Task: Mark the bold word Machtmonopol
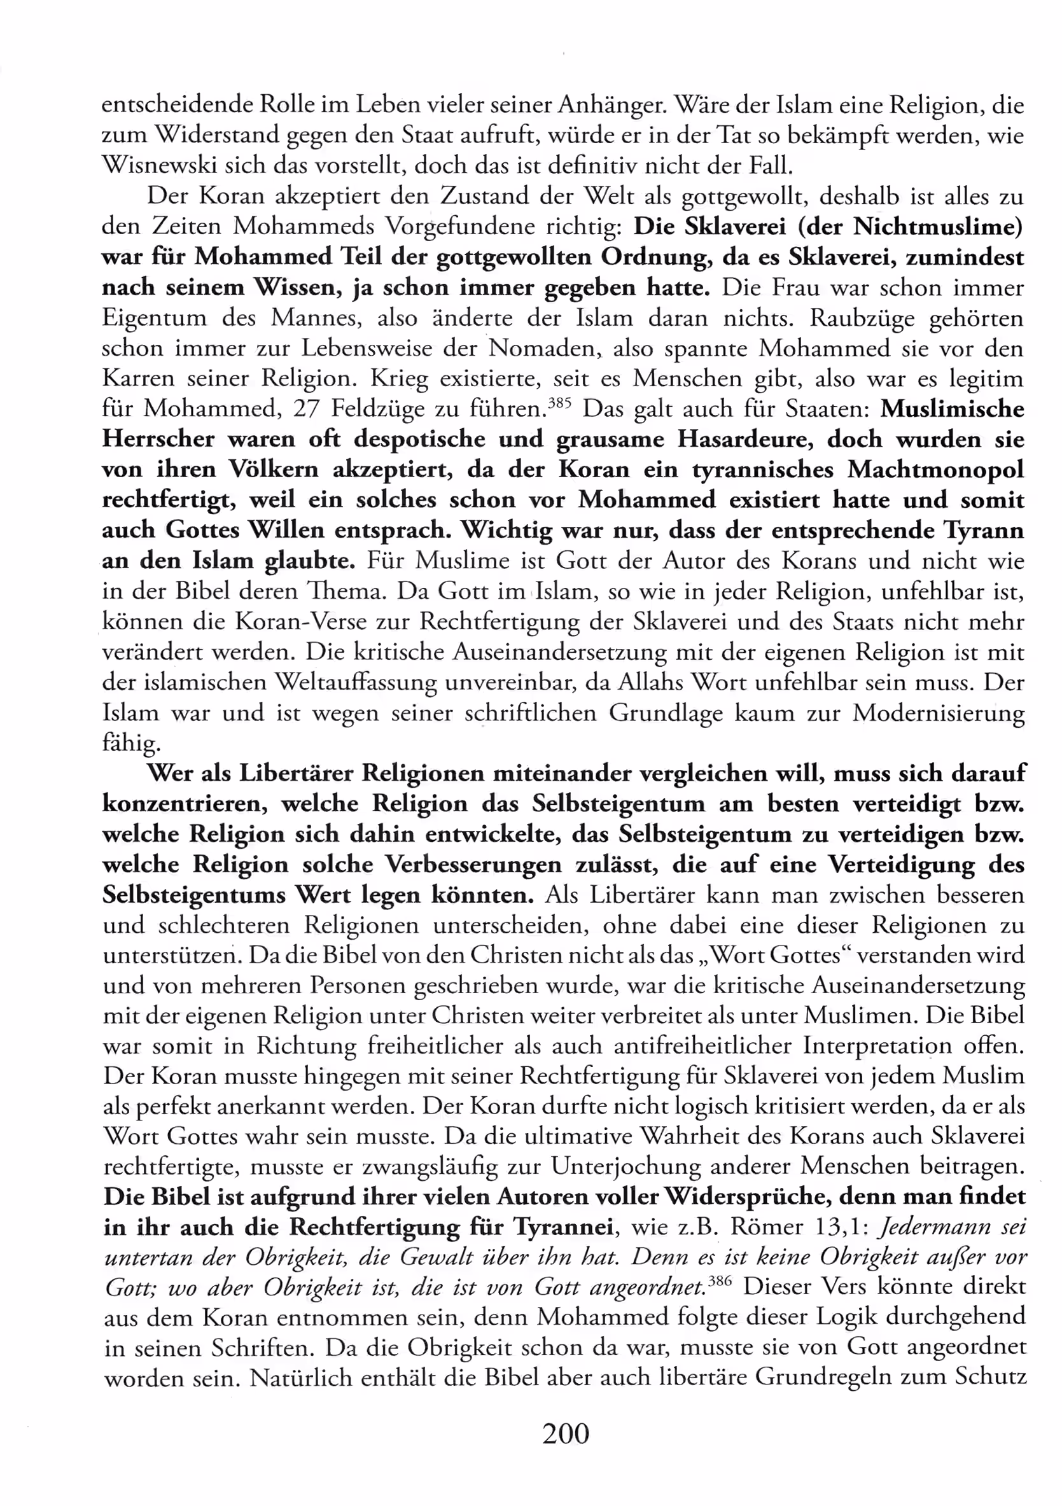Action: click(x=935, y=470)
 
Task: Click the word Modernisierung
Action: click(x=938, y=714)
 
